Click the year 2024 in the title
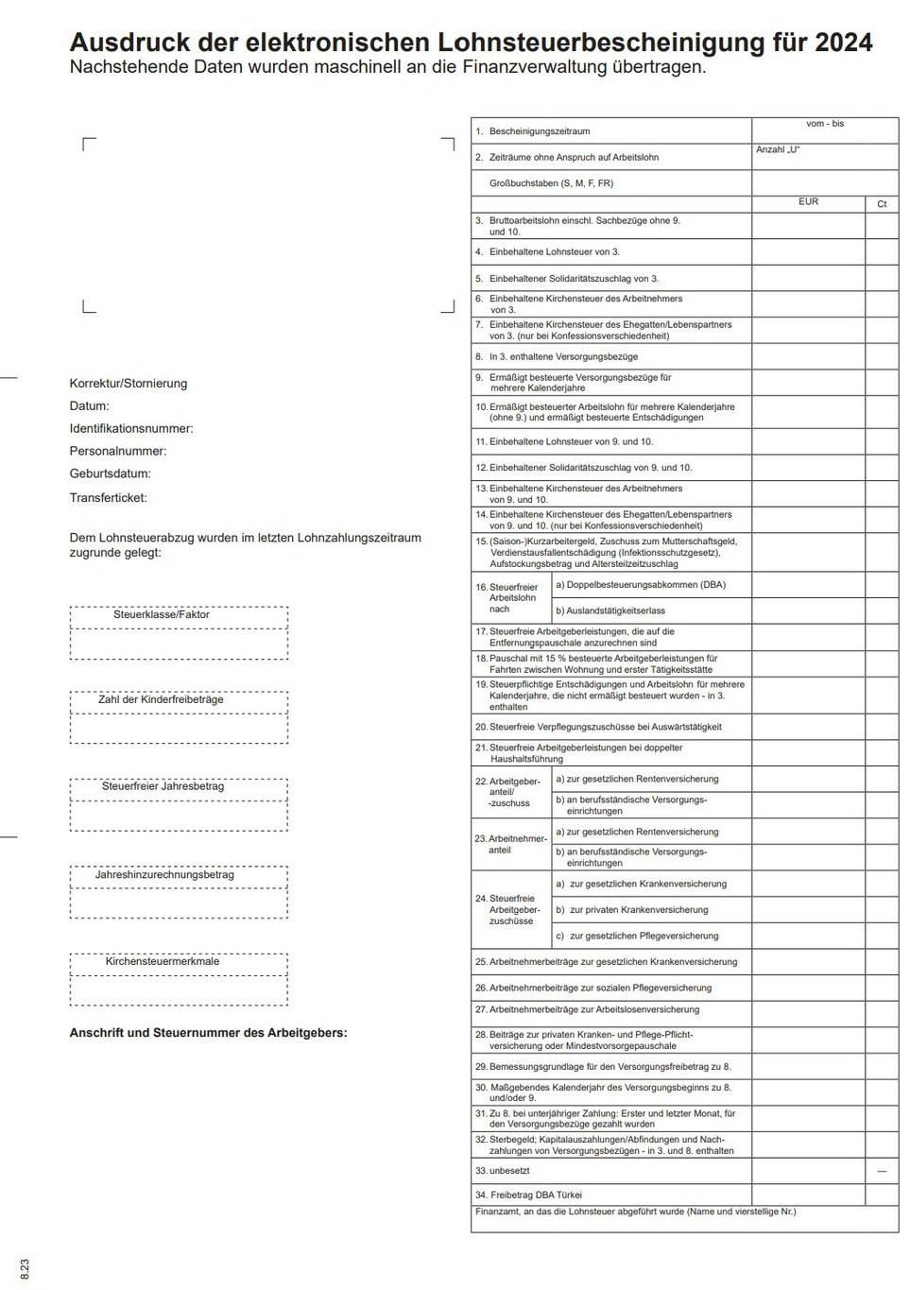tap(843, 43)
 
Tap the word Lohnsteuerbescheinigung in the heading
tap(582, 43)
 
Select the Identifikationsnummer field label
tap(131, 428)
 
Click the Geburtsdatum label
tap(110, 473)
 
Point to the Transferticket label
tap(108, 497)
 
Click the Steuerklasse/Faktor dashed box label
tap(162, 614)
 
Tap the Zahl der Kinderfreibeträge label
tap(161, 699)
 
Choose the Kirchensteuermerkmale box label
tap(163, 961)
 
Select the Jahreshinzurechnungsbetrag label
tap(164, 874)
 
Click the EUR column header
tap(808, 202)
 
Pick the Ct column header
tap(882, 204)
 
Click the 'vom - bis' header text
tap(825, 124)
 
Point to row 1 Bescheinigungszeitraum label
tap(539, 131)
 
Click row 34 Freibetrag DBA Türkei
tap(536, 1195)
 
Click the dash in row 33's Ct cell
tap(882, 1171)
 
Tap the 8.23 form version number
tap(25, 1268)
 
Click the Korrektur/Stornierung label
tap(129, 384)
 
